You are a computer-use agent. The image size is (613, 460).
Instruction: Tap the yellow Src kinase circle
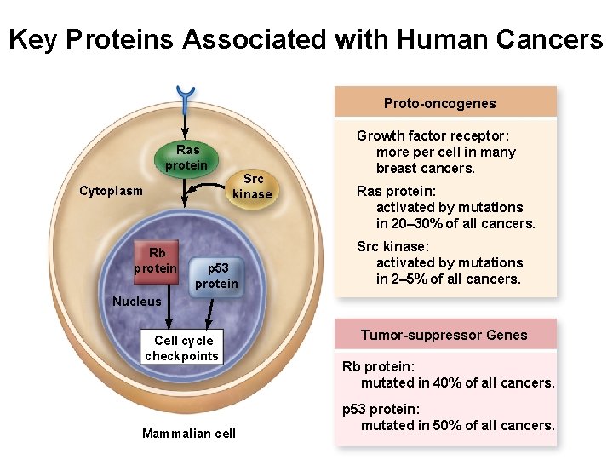[x=252, y=187]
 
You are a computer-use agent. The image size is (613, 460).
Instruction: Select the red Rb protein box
[x=157, y=261]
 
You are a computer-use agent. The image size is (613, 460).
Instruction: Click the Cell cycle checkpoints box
[x=181, y=348]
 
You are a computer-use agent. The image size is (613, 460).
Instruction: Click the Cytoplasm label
[x=111, y=191]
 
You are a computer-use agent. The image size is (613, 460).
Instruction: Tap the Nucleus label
[x=136, y=301]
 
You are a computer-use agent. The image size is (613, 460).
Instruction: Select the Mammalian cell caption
[x=189, y=434]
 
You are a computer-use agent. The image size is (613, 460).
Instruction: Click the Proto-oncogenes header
[x=439, y=103]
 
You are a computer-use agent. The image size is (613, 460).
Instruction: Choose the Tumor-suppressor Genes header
[x=444, y=336]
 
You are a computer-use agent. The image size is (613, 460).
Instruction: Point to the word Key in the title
[x=34, y=39]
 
